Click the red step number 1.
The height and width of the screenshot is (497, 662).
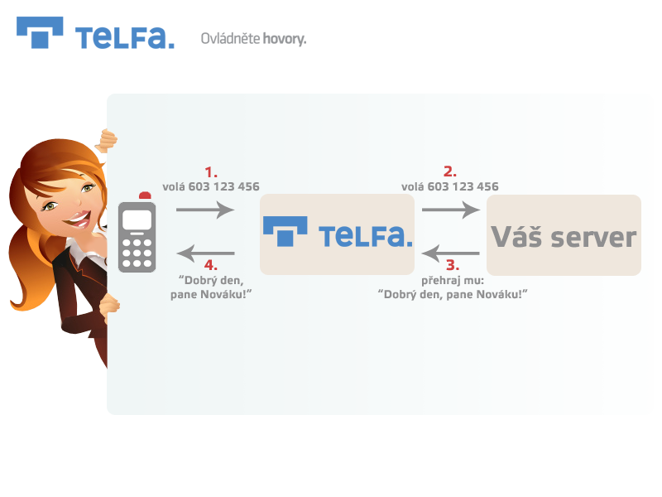point(211,172)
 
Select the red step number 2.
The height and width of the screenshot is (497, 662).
point(450,171)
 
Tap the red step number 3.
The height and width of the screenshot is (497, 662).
point(453,265)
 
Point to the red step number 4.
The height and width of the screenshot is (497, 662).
point(211,265)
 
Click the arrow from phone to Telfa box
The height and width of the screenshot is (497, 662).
point(205,210)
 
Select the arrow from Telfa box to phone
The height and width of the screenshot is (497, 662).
point(205,253)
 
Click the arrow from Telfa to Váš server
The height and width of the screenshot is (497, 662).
point(451,210)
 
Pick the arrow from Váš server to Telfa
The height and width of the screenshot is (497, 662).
point(450,253)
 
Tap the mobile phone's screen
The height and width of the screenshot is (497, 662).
point(137,220)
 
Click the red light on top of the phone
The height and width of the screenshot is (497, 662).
point(145,195)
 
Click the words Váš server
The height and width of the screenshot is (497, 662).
point(564,237)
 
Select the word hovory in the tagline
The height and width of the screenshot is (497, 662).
point(284,39)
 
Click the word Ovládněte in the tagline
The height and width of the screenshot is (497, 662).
point(230,38)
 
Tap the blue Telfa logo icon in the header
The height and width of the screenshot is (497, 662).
point(40,32)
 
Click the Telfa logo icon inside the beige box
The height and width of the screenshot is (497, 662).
point(285,231)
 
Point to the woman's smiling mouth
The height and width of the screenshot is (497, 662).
point(79,220)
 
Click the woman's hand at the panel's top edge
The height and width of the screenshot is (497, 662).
point(107,140)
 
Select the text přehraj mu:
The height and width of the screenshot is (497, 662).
point(453,281)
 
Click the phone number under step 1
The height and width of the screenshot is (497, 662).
point(223,186)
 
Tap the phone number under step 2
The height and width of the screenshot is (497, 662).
point(463,186)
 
